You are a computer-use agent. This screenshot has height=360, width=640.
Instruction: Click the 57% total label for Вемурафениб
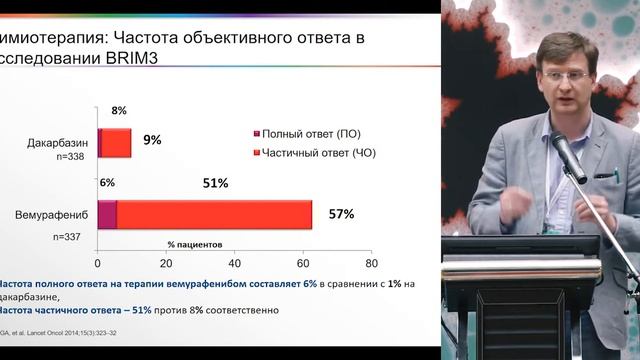pyautogui.click(x=341, y=214)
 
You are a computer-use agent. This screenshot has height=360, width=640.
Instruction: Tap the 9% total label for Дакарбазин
pyautogui.click(x=152, y=140)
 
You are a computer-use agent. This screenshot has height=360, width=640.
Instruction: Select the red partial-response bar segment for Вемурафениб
pyautogui.click(x=214, y=215)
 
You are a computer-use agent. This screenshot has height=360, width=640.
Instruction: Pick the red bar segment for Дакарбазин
pyautogui.click(x=117, y=143)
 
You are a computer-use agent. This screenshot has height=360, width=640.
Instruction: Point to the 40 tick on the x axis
pyautogui.click(x=234, y=263)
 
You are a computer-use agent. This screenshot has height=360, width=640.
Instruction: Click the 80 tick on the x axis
pyautogui.click(x=371, y=263)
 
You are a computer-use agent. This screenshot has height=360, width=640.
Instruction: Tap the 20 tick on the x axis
pyautogui.click(x=166, y=263)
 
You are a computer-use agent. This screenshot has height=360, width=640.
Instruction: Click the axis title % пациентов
pyautogui.click(x=195, y=244)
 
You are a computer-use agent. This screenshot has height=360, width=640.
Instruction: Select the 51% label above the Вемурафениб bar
pyautogui.click(x=215, y=183)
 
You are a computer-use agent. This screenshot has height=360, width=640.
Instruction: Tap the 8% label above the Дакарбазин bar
pyautogui.click(x=119, y=110)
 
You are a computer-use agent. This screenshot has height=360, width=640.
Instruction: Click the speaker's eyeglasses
pyautogui.click(x=559, y=75)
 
